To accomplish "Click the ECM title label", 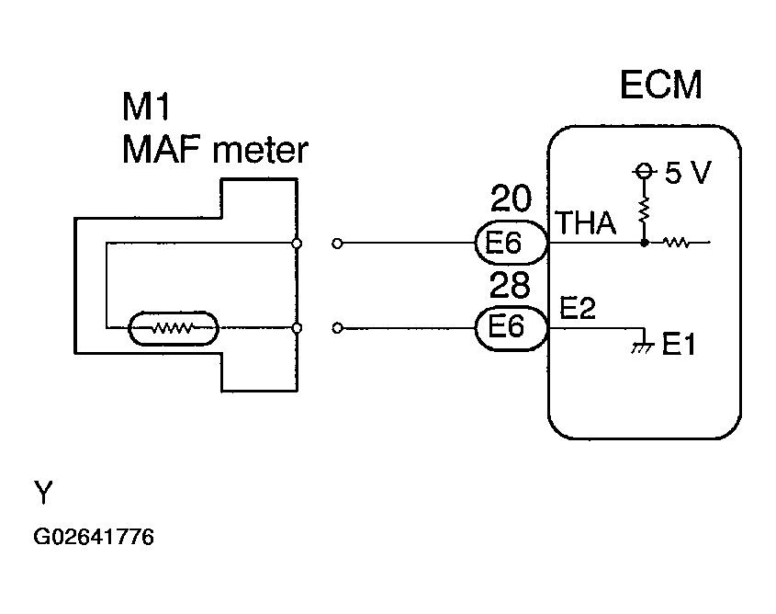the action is click(660, 85).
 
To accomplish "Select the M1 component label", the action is click(146, 107).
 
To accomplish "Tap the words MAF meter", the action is click(215, 150).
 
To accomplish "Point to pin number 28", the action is click(510, 285).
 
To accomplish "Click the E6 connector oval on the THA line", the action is click(512, 243).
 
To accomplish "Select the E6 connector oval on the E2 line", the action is click(512, 328).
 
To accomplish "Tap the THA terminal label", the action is click(587, 222).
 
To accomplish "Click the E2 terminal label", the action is click(577, 308).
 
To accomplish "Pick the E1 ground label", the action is click(679, 344).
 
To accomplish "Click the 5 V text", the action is click(688, 172).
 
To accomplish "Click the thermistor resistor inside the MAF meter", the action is click(174, 328).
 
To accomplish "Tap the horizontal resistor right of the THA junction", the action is click(676, 243).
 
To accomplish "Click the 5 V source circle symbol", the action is click(644, 171).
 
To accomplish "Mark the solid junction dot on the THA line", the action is click(644, 243).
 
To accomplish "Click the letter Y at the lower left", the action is click(43, 492).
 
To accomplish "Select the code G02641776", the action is click(94, 537).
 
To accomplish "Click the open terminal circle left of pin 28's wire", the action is click(337, 328).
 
